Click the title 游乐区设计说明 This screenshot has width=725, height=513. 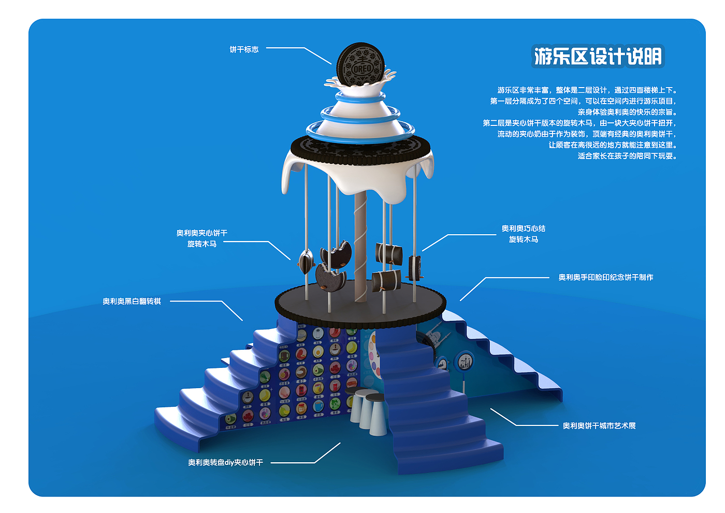[x=598, y=56]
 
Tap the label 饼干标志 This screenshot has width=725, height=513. [x=244, y=50]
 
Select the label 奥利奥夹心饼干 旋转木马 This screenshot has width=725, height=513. [x=201, y=238]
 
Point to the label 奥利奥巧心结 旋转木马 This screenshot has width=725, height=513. [x=523, y=234]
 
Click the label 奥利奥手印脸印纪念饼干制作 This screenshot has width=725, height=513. [x=605, y=278]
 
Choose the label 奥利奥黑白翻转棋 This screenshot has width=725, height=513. [x=132, y=302]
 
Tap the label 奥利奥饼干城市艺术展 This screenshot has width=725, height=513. [x=599, y=426]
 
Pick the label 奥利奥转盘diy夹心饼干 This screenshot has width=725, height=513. [x=225, y=463]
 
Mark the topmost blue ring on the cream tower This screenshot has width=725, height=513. [x=360, y=96]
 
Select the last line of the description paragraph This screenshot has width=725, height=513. [x=627, y=156]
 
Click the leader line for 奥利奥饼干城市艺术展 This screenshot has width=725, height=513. [x=523, y=422]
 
